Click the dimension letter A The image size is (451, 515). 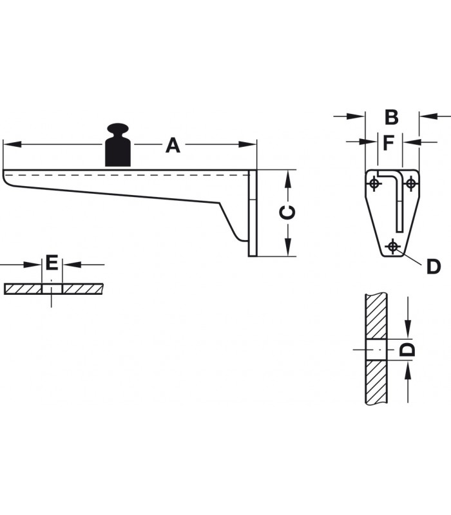(x=173, y=145)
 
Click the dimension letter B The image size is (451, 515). (x=392, y=117)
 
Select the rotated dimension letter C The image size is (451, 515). (x=287, y=212)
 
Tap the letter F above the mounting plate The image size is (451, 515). (x=389, y=142)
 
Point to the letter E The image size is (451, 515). (x=52, y=263)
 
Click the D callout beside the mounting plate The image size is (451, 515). (x=433, y=267)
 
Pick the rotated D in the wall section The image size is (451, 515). (x=407, y=350)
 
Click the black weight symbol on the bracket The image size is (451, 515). (x=118, y=145)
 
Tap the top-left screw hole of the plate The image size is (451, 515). (x=374, y=183)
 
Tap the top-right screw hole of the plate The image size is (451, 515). (x=410, y=183)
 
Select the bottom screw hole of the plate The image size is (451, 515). (x=392, y=246)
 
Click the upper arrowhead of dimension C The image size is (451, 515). (x=287, y=180)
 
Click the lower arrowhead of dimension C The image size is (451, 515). (x=287, y=247)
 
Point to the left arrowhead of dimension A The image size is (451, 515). (x=12, y=144)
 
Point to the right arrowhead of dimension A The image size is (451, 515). (x=247, y=144)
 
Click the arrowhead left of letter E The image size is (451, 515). (x=33, y=265)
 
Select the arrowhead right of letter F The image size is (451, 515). (x=412, y=142)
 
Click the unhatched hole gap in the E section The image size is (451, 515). (x=52, y=289)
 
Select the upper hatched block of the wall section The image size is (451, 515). (x=376, y=316)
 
